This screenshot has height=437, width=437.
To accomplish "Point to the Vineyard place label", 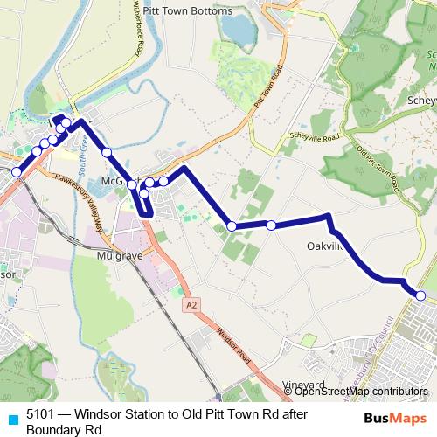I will point(303,384).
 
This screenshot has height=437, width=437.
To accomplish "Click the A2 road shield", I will point(191,305).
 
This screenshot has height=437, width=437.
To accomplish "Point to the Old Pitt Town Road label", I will point(378,165).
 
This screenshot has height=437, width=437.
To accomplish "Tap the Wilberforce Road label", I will point(137,37).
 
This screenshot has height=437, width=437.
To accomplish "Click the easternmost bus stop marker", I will point(420,296).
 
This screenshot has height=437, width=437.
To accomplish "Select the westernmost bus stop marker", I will point(16,172).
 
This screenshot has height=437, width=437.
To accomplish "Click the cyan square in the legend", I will point(11,417).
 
